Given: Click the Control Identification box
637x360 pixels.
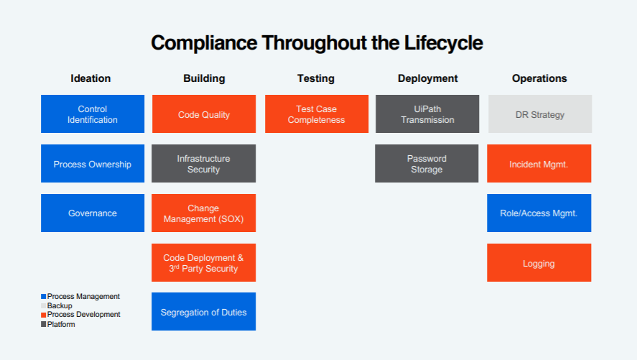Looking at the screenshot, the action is tap(93, 114).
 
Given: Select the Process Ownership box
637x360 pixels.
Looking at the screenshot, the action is tap(93, 163).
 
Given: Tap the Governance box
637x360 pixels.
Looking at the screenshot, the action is tap(93, 213).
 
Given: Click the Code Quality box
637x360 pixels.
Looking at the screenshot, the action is tap(204, 114).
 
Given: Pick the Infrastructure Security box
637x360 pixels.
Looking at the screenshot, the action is tap(203, 163).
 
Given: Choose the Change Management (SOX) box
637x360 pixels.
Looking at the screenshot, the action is tap(203, 213).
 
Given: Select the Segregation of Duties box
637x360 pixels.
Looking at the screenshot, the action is tap(203, 311).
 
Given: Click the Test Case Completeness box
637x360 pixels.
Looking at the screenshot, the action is tap(317, 114).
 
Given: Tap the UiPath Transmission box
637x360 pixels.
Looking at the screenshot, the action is tap(427, 114).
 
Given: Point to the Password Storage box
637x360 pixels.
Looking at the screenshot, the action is tap(427, 163).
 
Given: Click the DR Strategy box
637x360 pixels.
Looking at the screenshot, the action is tap(540, 114).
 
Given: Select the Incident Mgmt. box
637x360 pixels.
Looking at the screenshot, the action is tap(539, 163).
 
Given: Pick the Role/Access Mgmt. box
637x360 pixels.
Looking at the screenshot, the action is tap(539, 213).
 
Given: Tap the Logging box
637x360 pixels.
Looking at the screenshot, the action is tap(539, 262).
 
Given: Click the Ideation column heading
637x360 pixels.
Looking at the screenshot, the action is tap(90, 78).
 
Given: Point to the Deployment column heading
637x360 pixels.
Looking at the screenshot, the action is tap(428, 79).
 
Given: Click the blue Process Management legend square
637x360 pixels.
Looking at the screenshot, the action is tap(44, 297).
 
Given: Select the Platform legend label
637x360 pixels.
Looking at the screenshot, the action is tap(61, 324).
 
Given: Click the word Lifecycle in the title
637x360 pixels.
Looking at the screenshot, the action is tap(443, 42).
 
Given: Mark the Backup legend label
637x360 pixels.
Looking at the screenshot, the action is tap(60, 305).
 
